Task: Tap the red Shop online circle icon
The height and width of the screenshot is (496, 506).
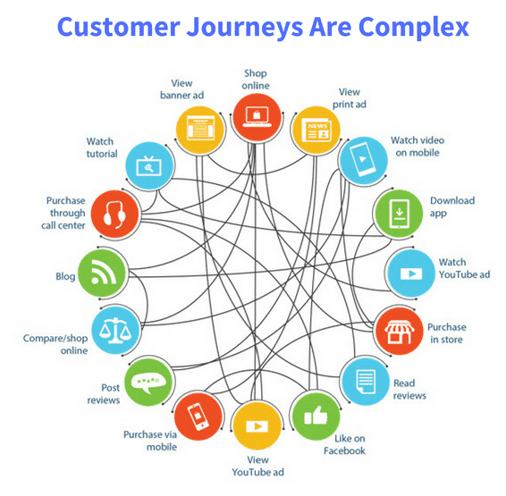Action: [x=255, y=115]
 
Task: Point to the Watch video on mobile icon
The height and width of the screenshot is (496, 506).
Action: [x=362, y=159]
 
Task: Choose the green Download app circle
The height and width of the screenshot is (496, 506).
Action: [x=395, y=212]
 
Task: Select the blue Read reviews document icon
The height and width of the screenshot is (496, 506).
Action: [x=364, y=382]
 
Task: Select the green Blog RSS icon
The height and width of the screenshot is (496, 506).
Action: [x=101, y=271]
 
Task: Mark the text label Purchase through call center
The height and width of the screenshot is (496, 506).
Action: [x=66, y=214]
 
